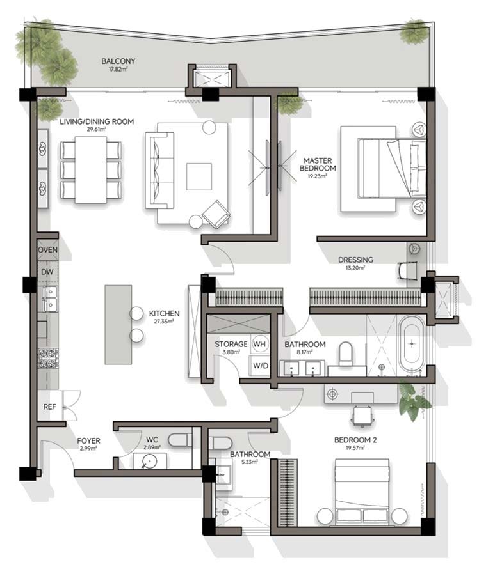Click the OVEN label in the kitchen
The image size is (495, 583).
pos(47,249)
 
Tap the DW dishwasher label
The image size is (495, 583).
pos(47,272)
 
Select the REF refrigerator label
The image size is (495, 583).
pos(49,407)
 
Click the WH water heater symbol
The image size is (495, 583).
pos(259,344)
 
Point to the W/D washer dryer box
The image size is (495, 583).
pos(261,366)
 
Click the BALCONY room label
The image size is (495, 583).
pos(118,61)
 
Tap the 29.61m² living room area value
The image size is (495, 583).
pos(97,129)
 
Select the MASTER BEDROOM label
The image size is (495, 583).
pos(318,164)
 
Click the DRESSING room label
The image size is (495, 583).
pos(355,260)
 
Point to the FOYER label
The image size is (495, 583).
pos(88,440)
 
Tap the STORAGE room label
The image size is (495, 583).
pos(231,345)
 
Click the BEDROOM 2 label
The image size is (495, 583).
pos(355,440)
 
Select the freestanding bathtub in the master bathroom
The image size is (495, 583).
pos(412,343)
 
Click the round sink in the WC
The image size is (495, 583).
pos(150,461)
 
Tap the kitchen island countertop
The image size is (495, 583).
pos(118,325)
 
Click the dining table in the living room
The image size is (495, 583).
pos(91,170)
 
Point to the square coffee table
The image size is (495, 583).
pos(199,176)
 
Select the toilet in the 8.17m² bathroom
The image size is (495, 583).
pos(346,354)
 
